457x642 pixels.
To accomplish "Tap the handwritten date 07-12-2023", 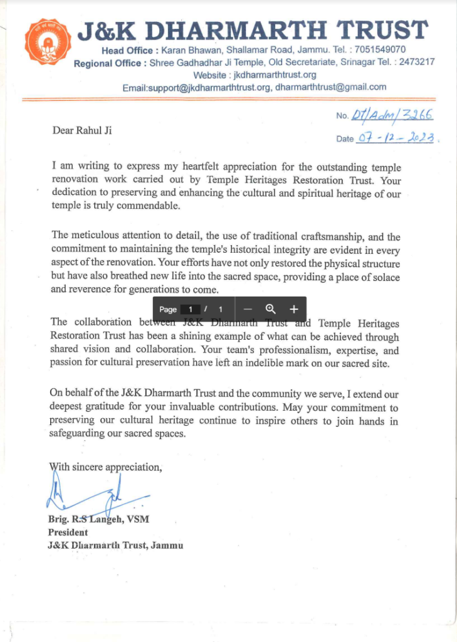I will coord(397,138).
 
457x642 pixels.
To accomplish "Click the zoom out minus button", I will coord(248,309).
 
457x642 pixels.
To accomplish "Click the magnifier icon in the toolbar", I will coord(271,309).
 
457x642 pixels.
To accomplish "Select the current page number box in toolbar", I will coord(190,309).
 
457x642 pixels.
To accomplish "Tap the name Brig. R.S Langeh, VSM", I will coord(98,520).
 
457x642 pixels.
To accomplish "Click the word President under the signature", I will coord(68,532).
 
